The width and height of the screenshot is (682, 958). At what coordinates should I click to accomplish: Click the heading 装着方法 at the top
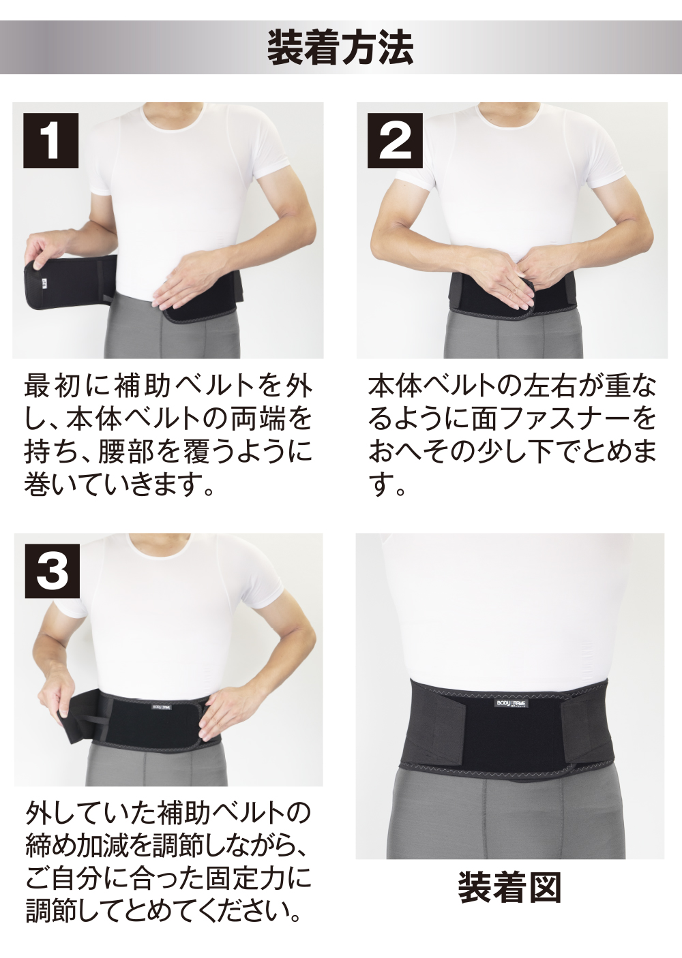pyautogui.click(x=340, y=46)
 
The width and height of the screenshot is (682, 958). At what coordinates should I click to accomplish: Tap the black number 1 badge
pyautogui.click(x=52, y=140)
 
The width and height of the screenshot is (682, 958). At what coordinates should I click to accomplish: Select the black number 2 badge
pyautogui.click(x=395, y=140)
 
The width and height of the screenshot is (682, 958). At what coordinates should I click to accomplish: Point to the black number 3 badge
pyautogui.click(x=53, y=571)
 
